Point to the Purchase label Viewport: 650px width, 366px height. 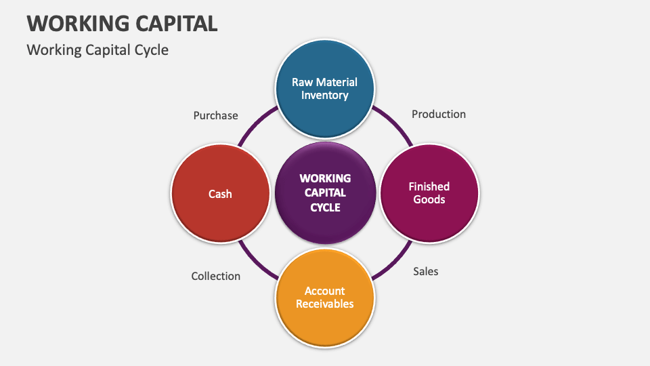pos(215,115)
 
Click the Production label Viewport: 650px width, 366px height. pos(439,114)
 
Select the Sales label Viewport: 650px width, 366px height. pos(426,271)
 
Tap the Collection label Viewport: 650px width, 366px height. pos(215,276)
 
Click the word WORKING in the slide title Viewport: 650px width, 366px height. pos(74,23)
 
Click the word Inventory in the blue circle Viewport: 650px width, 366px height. pos(324,96)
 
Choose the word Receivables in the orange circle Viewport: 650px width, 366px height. pos(324,304)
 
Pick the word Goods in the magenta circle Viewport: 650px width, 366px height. pos(429,199)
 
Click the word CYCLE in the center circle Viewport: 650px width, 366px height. pos(325,207)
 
